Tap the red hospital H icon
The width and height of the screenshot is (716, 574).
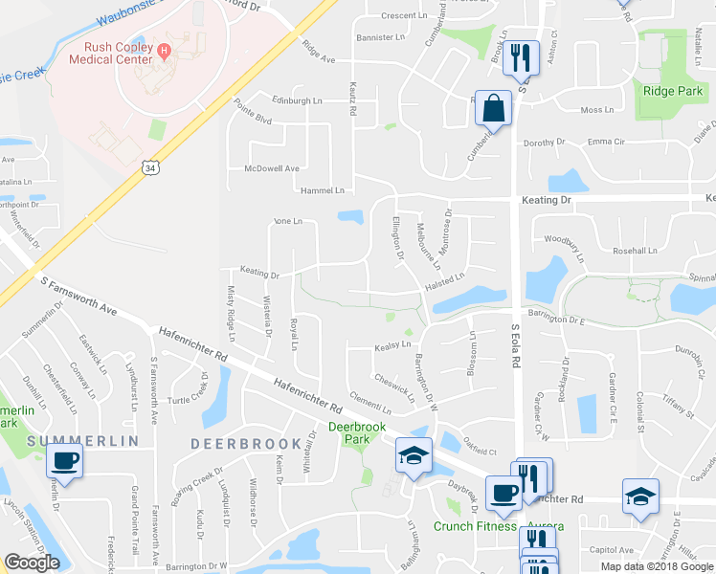165,50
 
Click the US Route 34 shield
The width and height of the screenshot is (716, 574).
150,167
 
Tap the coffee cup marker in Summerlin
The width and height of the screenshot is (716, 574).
65,460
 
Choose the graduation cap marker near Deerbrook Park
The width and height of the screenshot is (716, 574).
414,456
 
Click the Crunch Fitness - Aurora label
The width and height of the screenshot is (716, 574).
498,527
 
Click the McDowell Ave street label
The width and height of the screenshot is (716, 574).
272,168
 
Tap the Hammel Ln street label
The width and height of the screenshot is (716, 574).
322,190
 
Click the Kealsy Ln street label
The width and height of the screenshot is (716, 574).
392,344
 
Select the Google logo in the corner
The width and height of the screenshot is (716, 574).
32,563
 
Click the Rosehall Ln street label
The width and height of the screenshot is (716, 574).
636,251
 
